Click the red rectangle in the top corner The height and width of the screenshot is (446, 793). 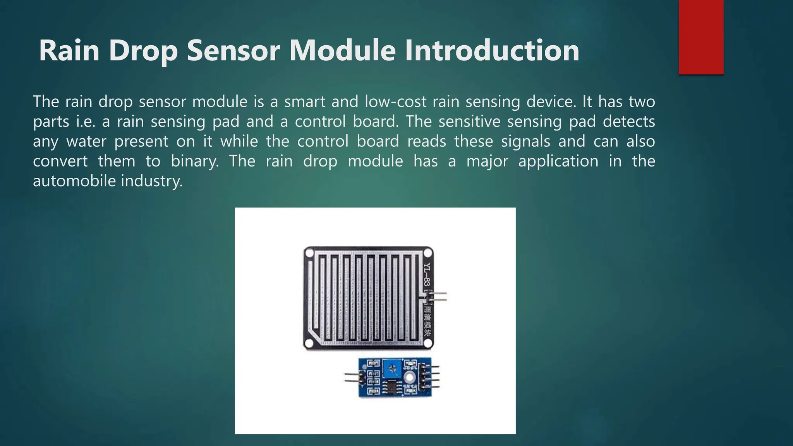701,37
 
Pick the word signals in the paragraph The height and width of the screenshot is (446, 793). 525,141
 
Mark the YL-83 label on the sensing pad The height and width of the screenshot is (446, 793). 427,274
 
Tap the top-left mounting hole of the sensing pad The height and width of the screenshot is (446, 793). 309,254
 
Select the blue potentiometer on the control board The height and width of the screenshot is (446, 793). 391,368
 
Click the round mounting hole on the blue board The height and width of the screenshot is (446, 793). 409,377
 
